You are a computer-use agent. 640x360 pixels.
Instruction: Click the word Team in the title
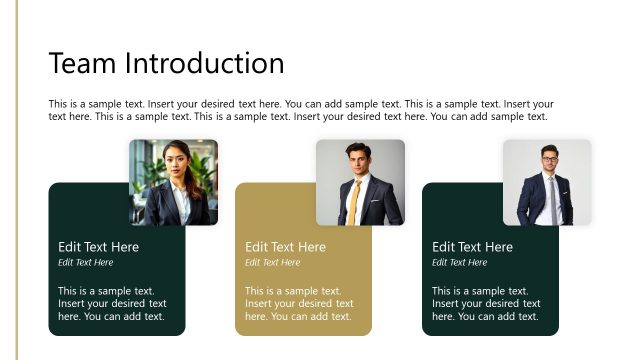(x=83, y=64)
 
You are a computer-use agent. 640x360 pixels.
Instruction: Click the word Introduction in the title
(x=204, y=64)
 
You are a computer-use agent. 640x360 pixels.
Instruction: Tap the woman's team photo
(x=173, y=182)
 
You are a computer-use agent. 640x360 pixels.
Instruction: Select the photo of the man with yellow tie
(x=360, y=182)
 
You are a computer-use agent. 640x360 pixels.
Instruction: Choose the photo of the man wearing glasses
(x=547, y=182)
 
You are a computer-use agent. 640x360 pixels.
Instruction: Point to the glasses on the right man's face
(x=549, y=160)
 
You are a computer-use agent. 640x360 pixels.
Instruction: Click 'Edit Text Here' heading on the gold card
(x=285, y=247)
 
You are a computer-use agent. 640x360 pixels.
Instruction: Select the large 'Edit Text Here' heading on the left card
(x=98, y=247)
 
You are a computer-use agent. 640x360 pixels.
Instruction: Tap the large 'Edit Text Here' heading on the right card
(x=472, y=247)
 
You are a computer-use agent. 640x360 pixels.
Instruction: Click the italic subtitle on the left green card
(x=85, y=263)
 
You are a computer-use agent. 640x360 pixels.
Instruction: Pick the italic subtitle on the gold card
(x=272, y=263)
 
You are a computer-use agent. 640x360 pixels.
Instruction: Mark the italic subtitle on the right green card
(x=459, y=263)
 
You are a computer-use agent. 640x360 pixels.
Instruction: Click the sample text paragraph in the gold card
(x=299, y=304)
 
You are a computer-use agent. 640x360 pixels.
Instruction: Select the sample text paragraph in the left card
(x=112, y=304)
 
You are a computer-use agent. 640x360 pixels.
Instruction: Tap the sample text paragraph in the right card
(x=486, y=304)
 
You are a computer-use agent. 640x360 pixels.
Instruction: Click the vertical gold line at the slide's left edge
(x=17, y=180)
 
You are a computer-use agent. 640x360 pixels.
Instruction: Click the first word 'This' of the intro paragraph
(x=58, y=104)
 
